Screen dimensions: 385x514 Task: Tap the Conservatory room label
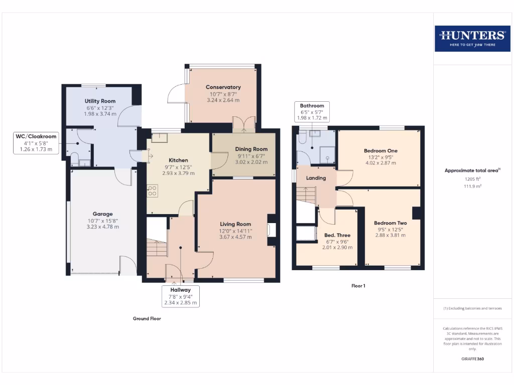click(x=223, y=87)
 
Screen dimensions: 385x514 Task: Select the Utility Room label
click(x=100, y=101)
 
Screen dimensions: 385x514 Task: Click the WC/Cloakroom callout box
click(x=36, y=142)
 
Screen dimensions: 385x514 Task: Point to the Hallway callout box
click(x=180, y=296)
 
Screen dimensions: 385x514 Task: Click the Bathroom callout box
click(x=312, y=112)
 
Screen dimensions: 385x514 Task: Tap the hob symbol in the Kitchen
click(x=153, y=190)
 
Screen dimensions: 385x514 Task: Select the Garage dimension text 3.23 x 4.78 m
click(x=102, y=227)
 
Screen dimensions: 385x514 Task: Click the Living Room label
click(x=235, y=224)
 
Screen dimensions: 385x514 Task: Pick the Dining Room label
click(x=251, y=149)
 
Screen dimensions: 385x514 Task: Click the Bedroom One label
click(x=380, y=150)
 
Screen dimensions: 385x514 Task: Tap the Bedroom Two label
click(x=390, y=223)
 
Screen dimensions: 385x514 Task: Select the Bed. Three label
click(x=337, y=235)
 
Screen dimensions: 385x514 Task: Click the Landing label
click(x=316, y=178)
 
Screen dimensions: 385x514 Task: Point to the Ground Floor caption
click(x=147, y=318)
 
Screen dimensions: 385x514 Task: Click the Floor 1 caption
click(x=358, y=286)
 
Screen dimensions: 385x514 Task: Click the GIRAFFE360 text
click(x=472, y=359)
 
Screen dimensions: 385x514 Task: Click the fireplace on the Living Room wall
click(x=272, y=230)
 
